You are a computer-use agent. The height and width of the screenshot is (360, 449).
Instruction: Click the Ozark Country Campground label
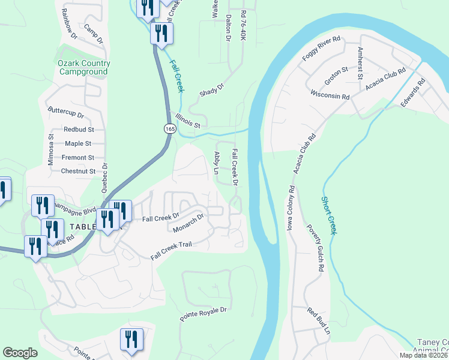click(x=84, y=67)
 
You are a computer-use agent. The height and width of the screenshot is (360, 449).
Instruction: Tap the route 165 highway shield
click(x=169, y=128)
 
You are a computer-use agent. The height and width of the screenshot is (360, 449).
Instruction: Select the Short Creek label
click(x=328, y=215)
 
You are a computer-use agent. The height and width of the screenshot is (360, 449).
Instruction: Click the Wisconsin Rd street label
click(x=330, y=95)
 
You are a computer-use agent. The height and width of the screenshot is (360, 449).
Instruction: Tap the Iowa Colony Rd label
click(x=291, y=207)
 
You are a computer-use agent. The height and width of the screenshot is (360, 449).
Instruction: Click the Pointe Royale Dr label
click(x=205, y=313)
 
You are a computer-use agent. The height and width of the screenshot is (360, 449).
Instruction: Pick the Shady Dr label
click(x=211, y=89)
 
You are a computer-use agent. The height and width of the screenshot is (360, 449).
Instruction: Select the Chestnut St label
click(x=78, y=171)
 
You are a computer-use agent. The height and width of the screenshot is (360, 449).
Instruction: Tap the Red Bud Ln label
click(x=319, y=321)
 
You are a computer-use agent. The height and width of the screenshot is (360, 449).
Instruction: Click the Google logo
click(x=20, y=353)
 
